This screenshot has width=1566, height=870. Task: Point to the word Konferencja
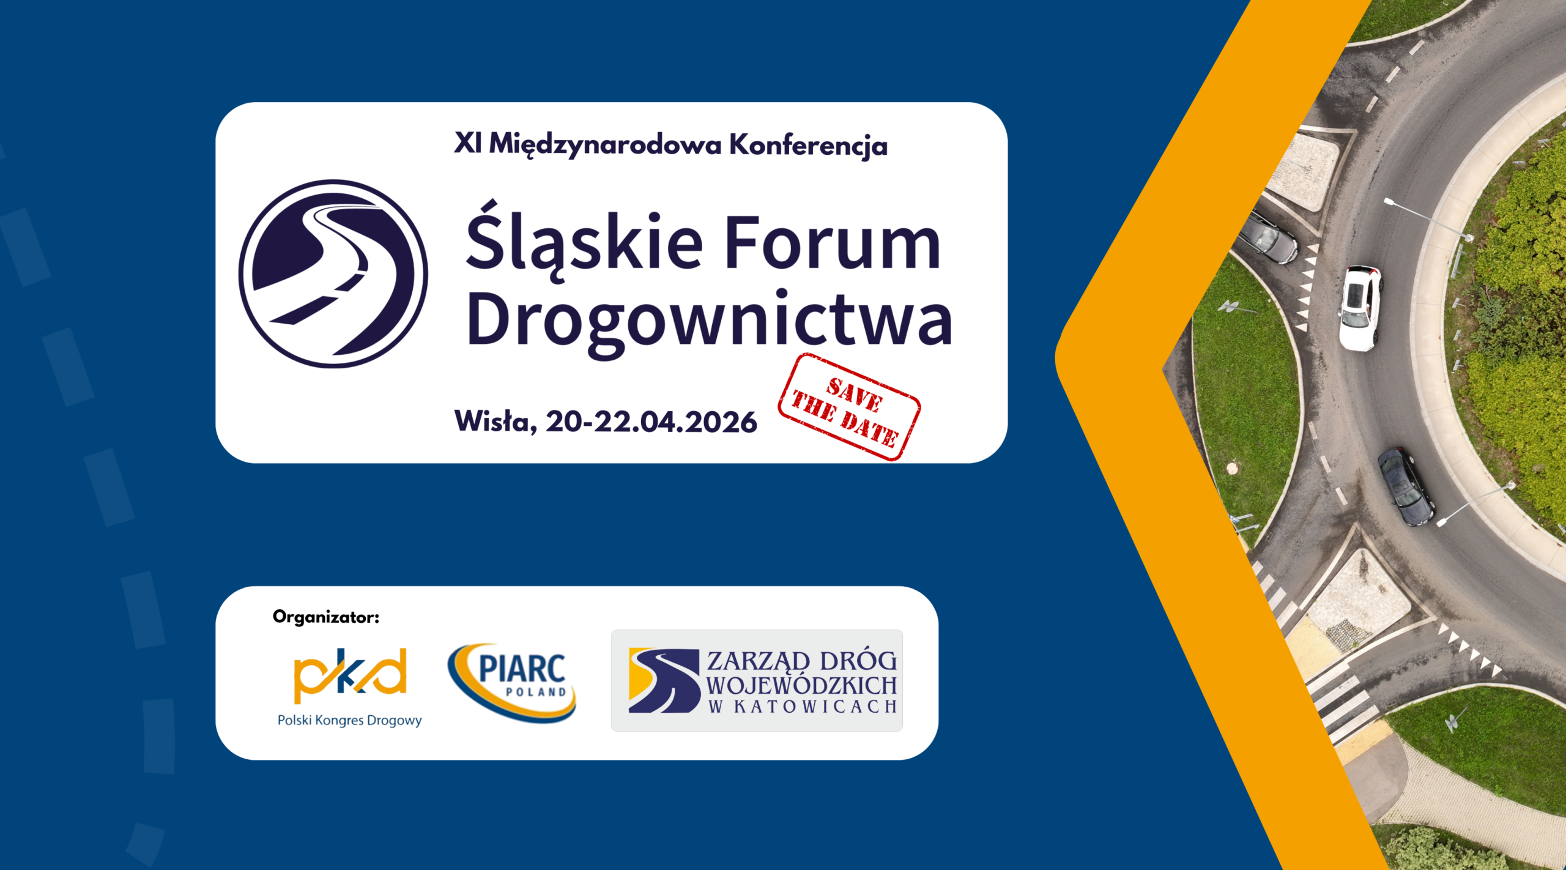[x=808, y=146]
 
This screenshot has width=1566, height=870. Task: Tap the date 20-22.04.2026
[x=651, y=422]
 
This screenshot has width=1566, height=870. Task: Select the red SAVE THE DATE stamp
[x=850, y=407]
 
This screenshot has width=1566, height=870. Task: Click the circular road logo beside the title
[x=333, y=273]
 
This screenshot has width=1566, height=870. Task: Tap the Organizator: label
[x=326, y=617]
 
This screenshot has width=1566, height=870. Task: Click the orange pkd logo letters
[x=350, y=675]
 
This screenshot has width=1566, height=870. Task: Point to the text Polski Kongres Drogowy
[x=350, y=720]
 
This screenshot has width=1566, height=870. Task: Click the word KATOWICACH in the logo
[x=815, y=707]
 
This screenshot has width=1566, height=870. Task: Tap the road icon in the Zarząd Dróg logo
[x=664, y=680]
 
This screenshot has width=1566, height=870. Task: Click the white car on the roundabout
[x=1359, y=308]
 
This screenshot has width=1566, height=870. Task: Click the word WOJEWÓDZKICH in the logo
[x=802, y=685]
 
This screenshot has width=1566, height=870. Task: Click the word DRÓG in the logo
[x=858, y=660]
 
